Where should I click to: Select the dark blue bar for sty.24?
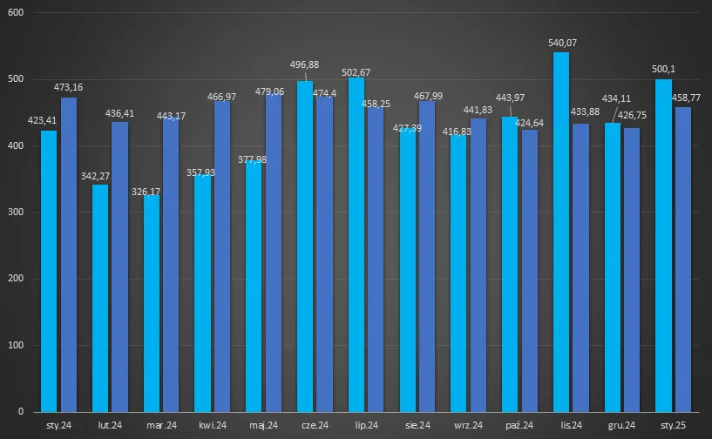pos(69,254)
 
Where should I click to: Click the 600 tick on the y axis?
pos(16,13)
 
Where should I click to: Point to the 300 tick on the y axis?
pos(16,213)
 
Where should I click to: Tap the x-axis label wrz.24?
pos(468,426)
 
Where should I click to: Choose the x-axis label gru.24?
pos(621,426)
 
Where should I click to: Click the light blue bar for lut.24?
pos(100,298)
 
